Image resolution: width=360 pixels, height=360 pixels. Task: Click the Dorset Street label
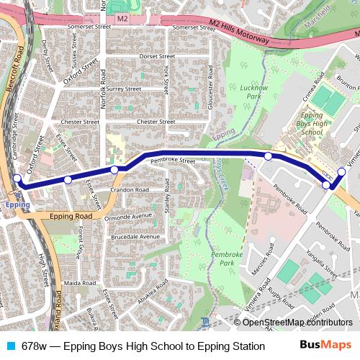(x=158, y=55)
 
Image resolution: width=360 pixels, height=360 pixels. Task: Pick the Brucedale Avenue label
(x=135, y=236)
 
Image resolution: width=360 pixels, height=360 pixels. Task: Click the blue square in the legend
(x=9, y=346)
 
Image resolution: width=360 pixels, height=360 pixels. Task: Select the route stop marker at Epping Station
(x=17, y=179)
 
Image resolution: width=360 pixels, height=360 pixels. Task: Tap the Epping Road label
(x=71, y=216)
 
